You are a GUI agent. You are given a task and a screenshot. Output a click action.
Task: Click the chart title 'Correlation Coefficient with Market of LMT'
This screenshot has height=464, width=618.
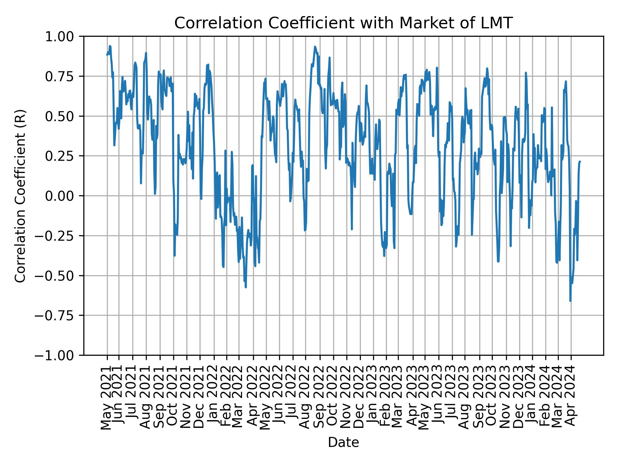[x=343, y=23]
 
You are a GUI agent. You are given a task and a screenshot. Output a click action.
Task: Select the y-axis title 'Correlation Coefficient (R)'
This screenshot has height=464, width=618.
[x=20, y=196]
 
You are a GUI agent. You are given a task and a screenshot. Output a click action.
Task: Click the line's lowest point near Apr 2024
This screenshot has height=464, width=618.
[x=570, y=301]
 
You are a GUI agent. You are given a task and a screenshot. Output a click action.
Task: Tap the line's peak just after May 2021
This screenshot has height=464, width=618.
[x=110, y=46]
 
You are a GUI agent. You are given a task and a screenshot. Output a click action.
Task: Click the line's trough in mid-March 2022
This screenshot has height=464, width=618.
[x=246, y=287]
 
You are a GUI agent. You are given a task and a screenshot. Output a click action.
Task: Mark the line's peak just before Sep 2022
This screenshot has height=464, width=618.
[x=315, y=46]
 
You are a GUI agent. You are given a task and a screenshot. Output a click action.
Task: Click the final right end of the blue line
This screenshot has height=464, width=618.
[x=580, y=161]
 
